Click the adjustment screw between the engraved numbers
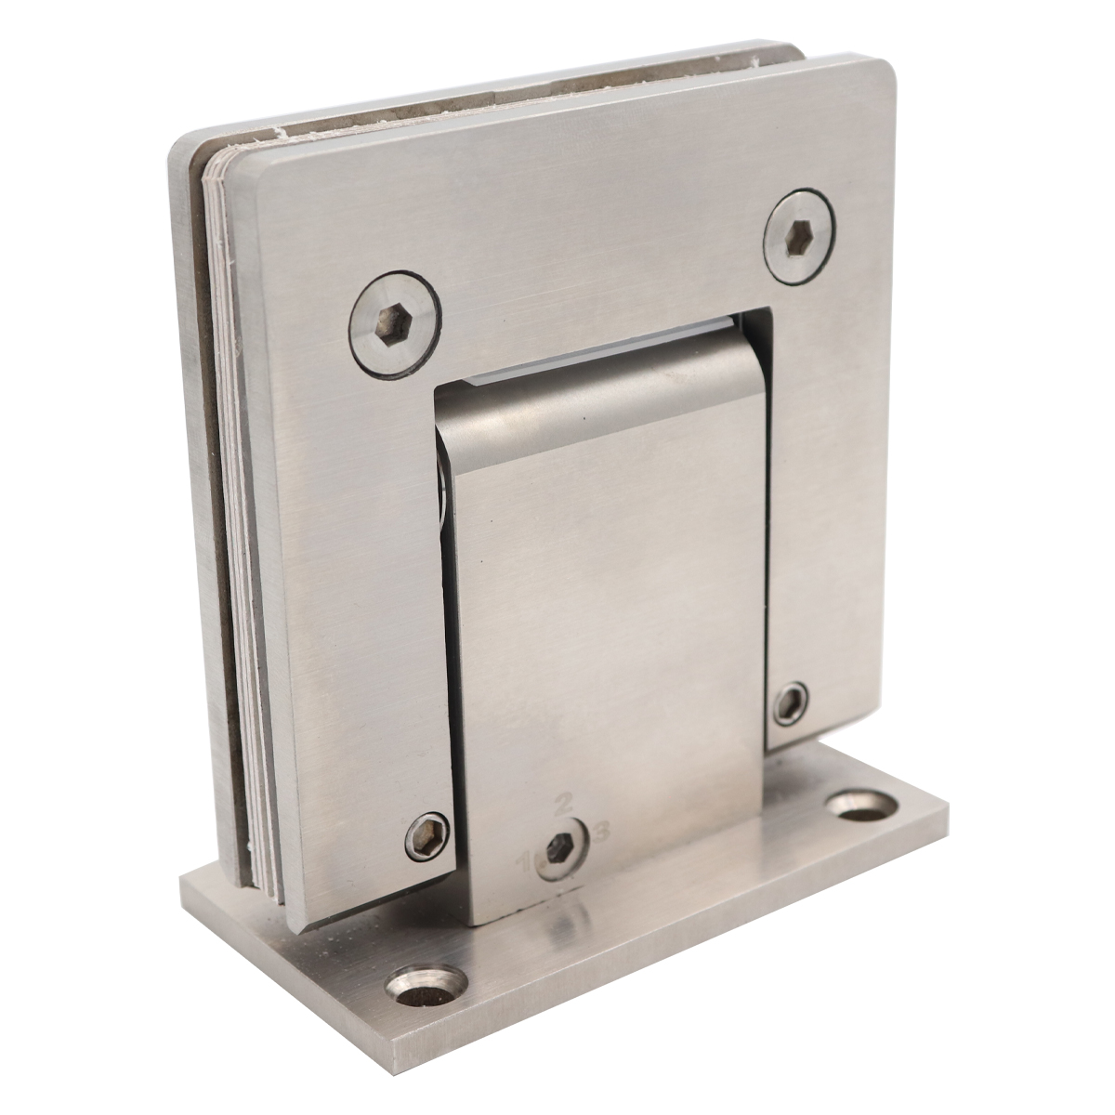tap(560, 847)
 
